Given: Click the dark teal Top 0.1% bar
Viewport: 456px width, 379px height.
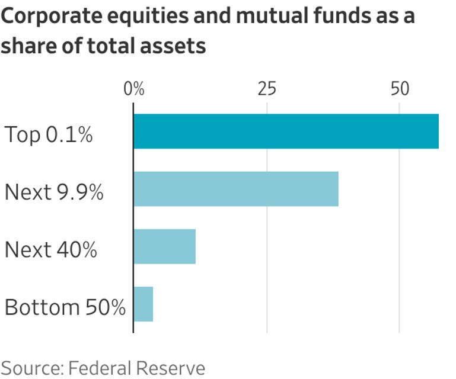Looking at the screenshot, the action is [286, 131].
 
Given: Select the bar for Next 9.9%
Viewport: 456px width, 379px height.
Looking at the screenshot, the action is [236, 189].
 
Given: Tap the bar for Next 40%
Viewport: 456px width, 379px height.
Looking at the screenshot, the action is [165, 246].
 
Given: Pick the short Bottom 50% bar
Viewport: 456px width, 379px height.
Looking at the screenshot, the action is [144, 304].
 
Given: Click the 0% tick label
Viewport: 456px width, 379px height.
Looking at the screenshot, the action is [134, 89].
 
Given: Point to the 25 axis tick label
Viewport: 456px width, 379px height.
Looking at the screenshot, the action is [267, 89].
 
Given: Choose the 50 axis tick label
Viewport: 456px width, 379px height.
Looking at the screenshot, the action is [400, 89].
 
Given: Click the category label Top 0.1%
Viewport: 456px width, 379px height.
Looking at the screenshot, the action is [49, 134].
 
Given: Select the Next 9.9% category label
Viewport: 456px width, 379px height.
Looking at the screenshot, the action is [54, 192].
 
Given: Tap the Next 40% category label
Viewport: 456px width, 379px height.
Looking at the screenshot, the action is [51, 249].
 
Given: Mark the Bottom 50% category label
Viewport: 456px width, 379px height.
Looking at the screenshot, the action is [65, 307].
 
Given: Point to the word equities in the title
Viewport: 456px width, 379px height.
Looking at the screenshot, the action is [148, 17].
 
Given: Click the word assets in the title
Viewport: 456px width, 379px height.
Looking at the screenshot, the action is [173, 46].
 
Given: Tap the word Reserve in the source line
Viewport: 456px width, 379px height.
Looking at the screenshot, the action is [170, 368].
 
